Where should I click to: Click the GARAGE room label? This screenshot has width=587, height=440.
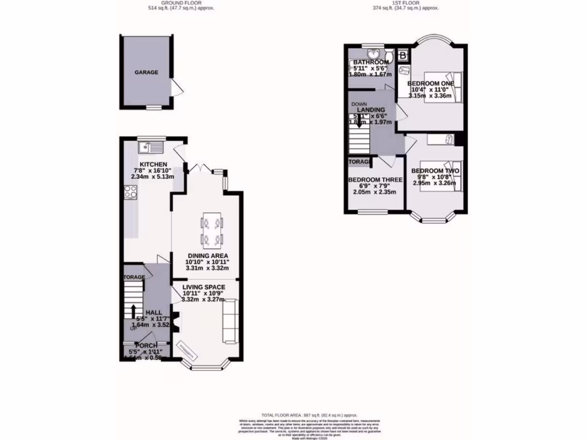point(146,73)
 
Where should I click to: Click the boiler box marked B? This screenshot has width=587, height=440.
point(402,56)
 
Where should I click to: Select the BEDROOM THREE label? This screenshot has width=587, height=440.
point(375,180)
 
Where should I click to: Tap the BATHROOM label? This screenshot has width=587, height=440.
point(371,62)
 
